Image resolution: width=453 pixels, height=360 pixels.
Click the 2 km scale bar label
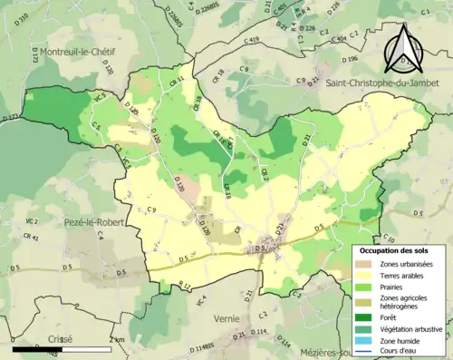pos(116,339)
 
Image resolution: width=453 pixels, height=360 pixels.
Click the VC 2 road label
pos(31,221)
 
